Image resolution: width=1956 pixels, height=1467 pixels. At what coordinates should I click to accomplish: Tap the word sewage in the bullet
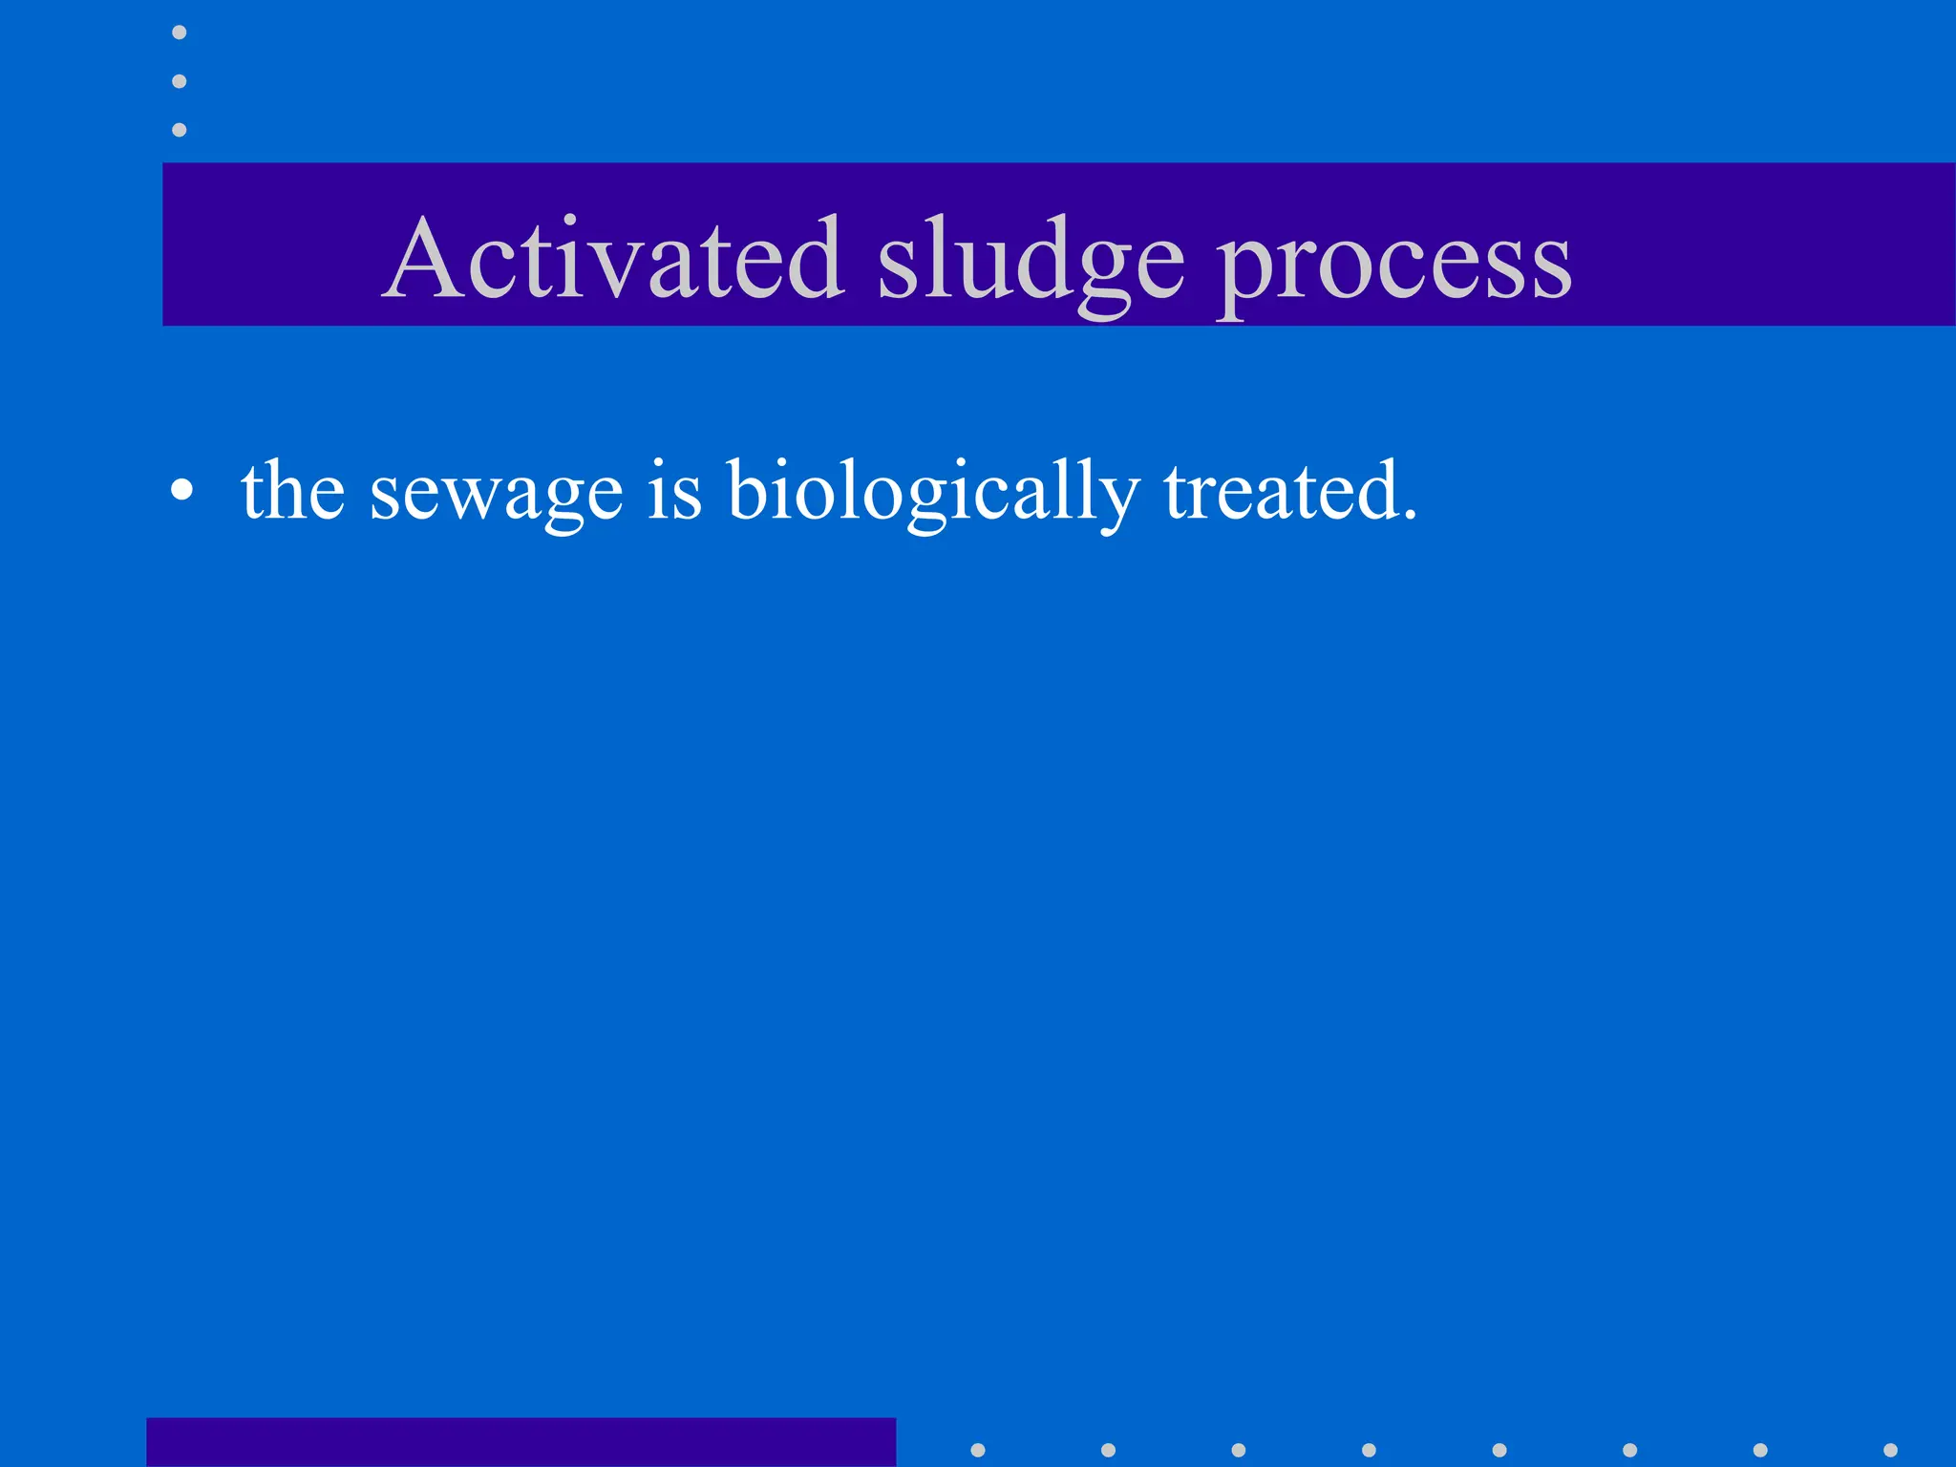[x=496, y=493]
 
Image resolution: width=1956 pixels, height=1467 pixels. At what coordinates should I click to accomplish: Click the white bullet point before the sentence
[x=181, y=491]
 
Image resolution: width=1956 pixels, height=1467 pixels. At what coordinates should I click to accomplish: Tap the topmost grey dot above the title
[x=179, y=32]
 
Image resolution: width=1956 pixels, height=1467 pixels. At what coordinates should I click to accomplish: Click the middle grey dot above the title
[x=179, y=81]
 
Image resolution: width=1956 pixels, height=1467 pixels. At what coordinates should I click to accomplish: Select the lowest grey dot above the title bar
[x=179, y=129]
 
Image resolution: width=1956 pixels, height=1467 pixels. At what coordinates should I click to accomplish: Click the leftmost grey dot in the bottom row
[x=977, y=1450]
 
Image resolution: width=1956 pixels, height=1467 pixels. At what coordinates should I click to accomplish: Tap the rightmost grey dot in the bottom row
[x=1890, y=1450]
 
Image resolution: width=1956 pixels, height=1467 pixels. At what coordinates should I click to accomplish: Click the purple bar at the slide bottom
[x=521, y=1442]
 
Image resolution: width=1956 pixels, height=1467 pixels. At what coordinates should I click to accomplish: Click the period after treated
[x=1409, y=516]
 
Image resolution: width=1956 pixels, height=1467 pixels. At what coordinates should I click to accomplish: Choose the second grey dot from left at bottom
[x=1108, y=1450]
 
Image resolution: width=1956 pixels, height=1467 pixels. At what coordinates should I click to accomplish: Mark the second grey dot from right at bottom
[x=1760, y=1450]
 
